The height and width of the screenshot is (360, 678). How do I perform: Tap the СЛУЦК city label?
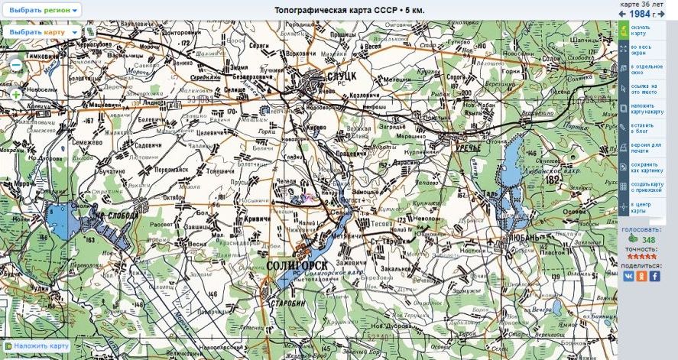coord(338,76)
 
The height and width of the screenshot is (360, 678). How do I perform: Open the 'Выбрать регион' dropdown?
coord(44,11)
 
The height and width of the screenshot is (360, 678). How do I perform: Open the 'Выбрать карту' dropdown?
coord(42,32)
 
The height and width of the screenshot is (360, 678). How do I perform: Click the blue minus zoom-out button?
coord(15,69)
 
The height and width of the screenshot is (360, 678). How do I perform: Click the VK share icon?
coord(628,276)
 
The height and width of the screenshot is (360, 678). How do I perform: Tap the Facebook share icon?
coord(655,276)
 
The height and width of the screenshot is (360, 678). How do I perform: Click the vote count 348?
coord(648,240)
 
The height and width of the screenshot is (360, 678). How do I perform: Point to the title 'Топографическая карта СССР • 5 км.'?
coord(351,10)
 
